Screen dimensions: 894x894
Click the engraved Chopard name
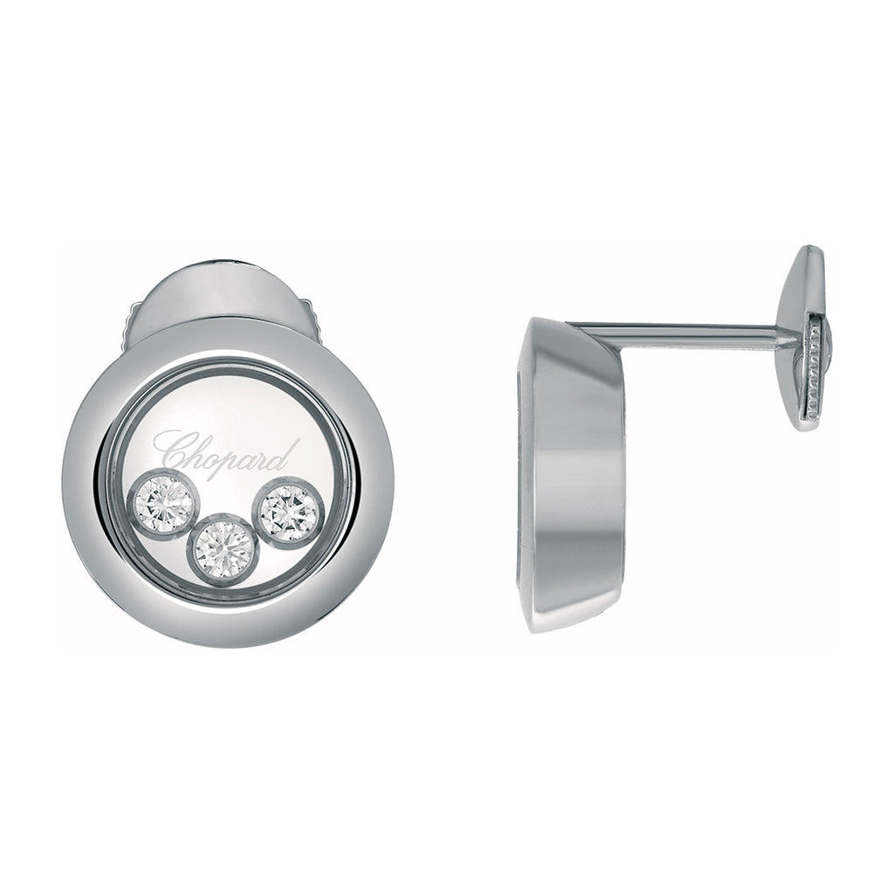[227, 453]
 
